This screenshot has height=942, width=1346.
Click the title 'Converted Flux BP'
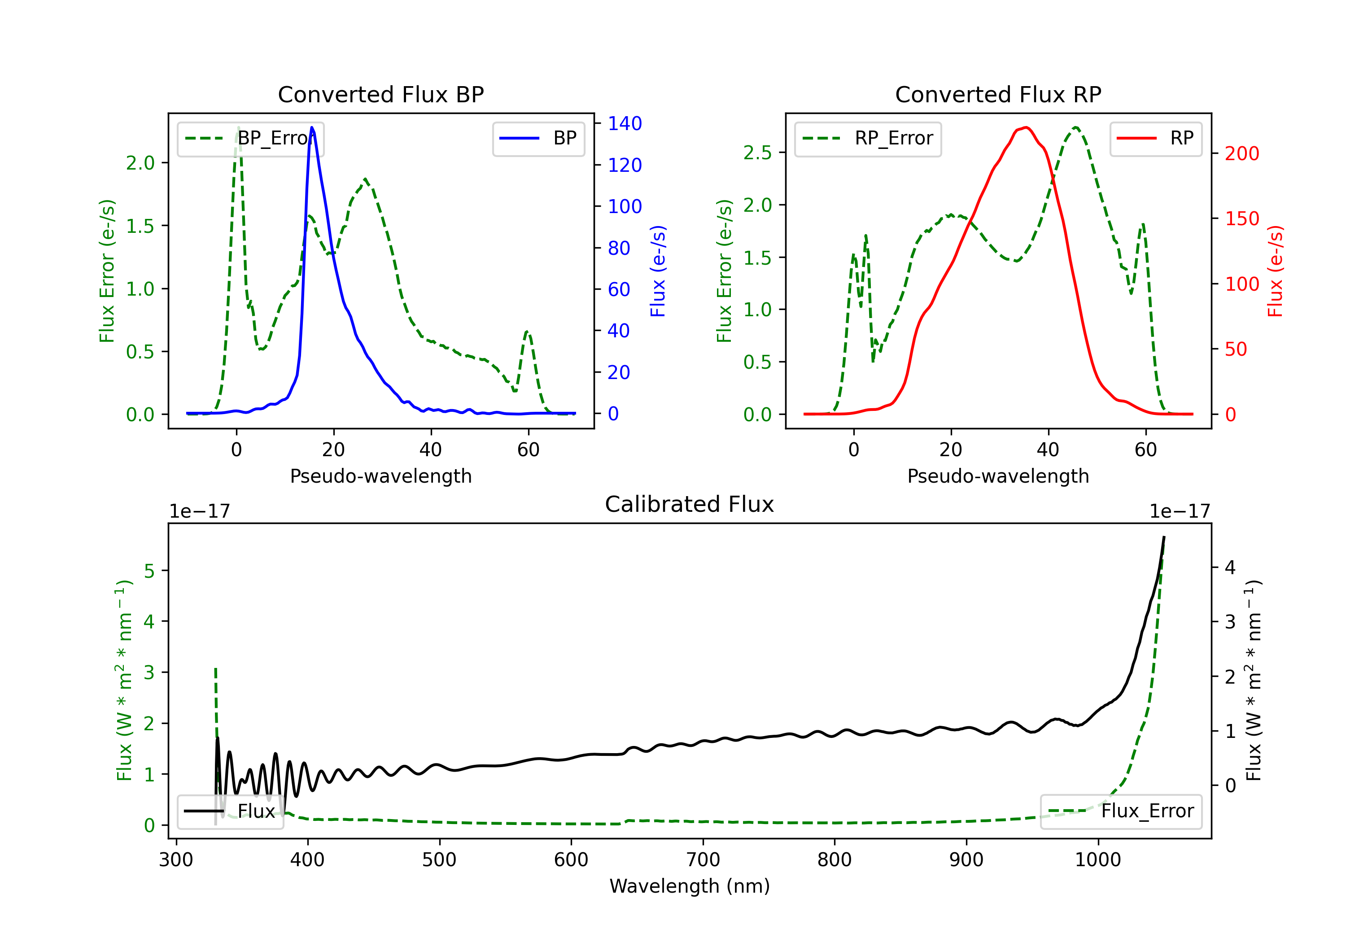[380, 94]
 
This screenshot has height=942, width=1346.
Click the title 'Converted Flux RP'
[998, 94]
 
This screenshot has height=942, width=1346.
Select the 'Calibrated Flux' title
[690, 504]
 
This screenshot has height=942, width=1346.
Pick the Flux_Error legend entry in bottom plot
[1121, 811]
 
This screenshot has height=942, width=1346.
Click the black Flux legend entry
[231, 811]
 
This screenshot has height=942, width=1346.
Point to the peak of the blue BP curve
[312, 127]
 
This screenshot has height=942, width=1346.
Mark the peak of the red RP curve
[1025, 127]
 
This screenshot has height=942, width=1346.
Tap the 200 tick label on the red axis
[1241, 153]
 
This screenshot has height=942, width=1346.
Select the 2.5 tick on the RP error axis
[757, 153]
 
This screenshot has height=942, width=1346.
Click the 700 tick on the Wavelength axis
[703, 860]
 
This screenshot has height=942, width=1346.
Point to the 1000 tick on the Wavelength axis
[1098, 860]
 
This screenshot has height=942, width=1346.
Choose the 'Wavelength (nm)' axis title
[690, 886]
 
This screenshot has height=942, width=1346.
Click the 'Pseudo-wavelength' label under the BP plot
[380, 476]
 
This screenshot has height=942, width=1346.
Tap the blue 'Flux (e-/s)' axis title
[658, 271]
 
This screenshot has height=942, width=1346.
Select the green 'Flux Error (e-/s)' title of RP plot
[725, 271]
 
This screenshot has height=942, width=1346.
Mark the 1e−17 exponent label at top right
[1180, 511]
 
